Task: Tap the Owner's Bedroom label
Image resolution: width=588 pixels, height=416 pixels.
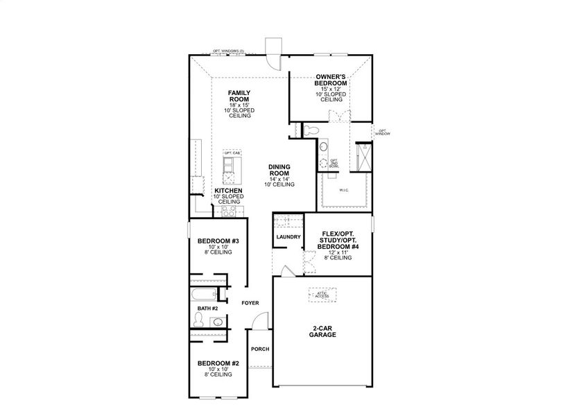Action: [x=331, y=80]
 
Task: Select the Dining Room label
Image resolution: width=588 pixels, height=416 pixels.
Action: [x=279, y=170]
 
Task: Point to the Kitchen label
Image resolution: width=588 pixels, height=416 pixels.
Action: [x=227, y=190]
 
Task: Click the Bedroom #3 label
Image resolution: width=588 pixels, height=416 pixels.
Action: [x=214, y=241]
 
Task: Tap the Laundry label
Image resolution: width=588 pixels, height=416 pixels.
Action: [x=288, y=237]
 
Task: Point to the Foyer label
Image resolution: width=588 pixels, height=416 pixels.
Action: [x=250, y=303]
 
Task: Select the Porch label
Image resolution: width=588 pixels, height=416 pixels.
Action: [x=259, y=349]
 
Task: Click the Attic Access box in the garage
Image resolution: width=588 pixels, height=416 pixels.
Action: [x=322, y=295]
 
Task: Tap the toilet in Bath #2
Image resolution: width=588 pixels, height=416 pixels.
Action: [x=199, y=320]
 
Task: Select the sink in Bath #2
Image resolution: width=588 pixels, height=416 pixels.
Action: [x=218, y=322]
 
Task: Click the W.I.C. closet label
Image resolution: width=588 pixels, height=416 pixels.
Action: [x=343, y=189]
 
